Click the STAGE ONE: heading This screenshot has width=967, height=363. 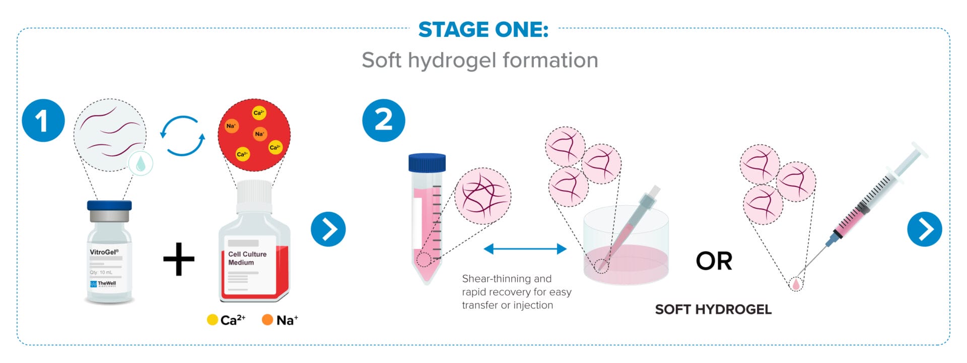(x=483, y=30)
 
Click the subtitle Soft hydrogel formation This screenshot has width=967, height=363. (x=480, y=60)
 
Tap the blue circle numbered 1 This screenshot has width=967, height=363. (x=43, y=120)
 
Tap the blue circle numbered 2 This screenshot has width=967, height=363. (x=384, y=120)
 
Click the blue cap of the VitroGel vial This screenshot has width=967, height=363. (x=109, y=206)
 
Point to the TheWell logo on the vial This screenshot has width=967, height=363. (x=103, y=284)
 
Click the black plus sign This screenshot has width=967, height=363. (x=179, y=259)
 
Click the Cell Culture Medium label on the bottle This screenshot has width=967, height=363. (x=247, y=258)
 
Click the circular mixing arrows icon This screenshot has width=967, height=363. (x=182, y=136)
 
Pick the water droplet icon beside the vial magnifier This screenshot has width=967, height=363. (x=141, y=163)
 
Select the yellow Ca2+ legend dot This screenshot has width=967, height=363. (x=213, y=320)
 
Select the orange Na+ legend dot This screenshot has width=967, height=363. (x=267, y=320)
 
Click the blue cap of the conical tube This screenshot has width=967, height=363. (x=427, y=163)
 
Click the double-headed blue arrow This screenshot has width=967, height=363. (x=525, y=249)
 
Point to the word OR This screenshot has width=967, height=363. (x=714, y=261)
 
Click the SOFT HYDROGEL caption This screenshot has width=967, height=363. (x=713, y=310)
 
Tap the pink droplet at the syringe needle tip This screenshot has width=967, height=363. (x=796, y=284)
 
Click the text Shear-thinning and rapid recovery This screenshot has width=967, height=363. (x=517, y=285)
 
